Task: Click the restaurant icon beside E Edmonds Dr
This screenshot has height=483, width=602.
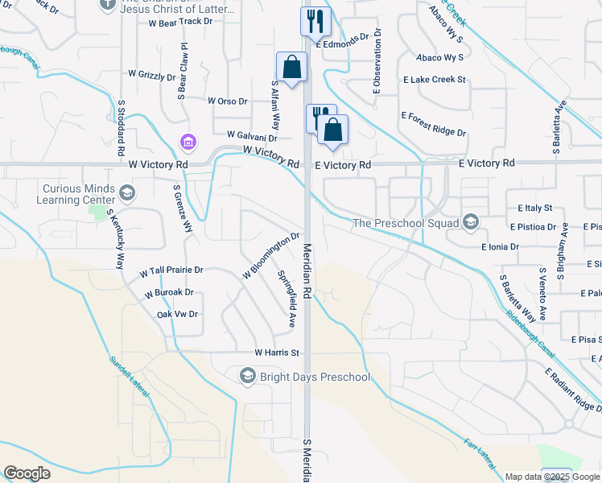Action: (x=315, y=21)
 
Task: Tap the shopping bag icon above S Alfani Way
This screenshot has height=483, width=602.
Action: (x=291, y=67)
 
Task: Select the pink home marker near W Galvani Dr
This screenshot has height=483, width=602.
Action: (x=188, y=142)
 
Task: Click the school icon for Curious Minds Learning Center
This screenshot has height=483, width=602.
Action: (x=127, y=192)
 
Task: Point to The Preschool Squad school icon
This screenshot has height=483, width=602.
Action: (x=471, y=222)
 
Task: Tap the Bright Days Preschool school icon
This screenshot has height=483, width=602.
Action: (x=247, y=376)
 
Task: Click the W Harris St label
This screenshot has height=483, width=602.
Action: (x=277, y=353)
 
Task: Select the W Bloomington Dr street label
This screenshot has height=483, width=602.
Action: (x=271, y=256)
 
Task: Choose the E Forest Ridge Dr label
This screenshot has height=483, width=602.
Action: (x=434, y=124)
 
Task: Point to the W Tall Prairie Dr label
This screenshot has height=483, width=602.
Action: (x=171, y=271)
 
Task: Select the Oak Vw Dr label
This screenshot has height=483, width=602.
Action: (x=177, y=314)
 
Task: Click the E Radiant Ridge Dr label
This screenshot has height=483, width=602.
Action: (x=572, y=399)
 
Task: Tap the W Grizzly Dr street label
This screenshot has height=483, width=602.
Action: (x=152, y=75)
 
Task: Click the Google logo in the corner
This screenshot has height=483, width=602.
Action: (x=27, y=473)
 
